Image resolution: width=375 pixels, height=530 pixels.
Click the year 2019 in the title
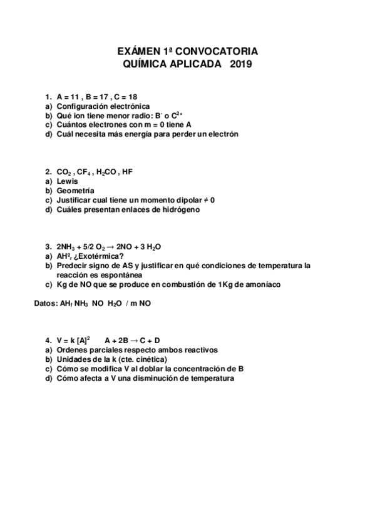point(240,64)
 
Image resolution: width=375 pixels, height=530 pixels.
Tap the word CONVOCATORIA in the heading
point(216,51)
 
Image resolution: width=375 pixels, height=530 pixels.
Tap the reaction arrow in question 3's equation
point(112,246)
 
